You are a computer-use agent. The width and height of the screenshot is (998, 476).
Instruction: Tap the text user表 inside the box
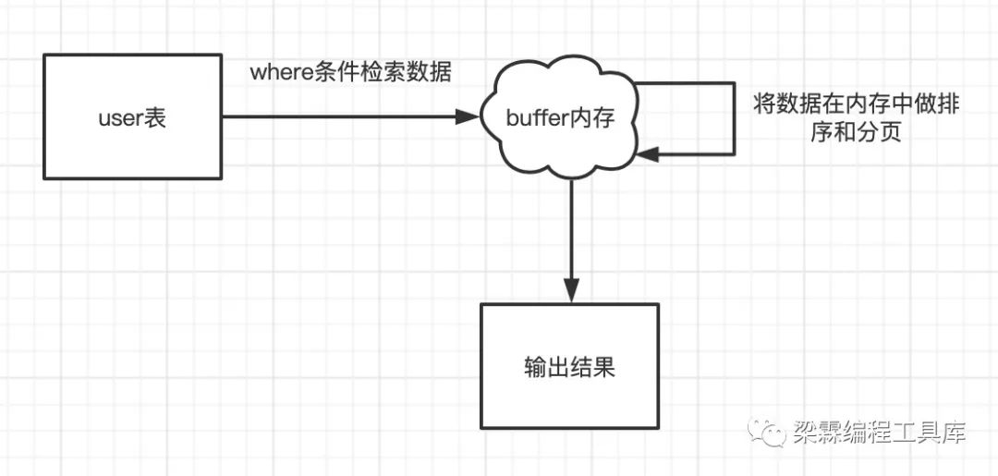pyautogui.click(x=132, y=118)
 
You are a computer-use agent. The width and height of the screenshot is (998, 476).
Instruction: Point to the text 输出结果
pyautogui.click(x=570, y=368)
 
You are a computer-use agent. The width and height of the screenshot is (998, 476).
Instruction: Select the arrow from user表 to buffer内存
pyautogui.click(x=342, y=116)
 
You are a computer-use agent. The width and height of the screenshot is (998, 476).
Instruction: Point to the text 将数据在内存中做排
pyautogui.click(x=857, y=104)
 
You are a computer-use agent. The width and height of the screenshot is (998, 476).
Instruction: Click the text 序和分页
pyautogui.click(x=857, y=133)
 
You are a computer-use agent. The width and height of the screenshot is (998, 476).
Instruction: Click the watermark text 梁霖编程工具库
pyautogui.click(x=879, y=431)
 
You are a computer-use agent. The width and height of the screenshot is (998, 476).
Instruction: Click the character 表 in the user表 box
pyautogui.click(x=155, y=118)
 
